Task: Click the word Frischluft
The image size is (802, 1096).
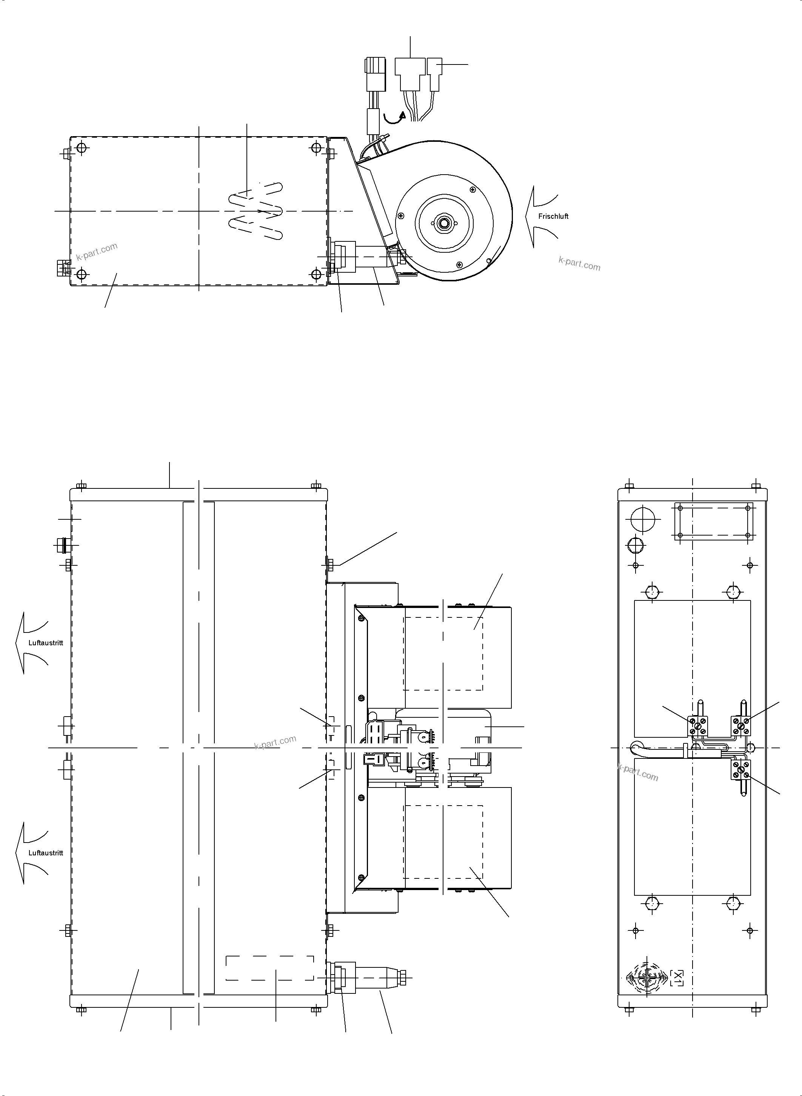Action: pos(553,216)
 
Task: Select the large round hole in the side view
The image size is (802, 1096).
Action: pos(643,520)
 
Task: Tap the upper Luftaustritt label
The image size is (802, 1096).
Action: pos(46,643)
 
